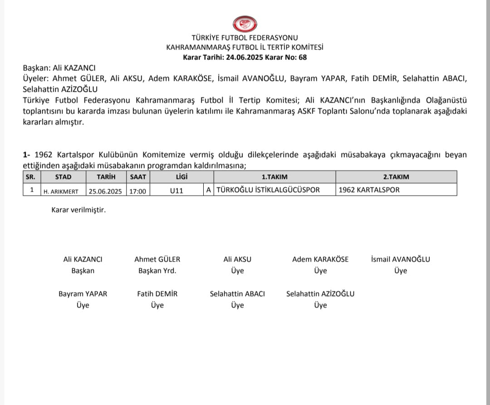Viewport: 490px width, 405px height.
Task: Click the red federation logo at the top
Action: [x=245, y=23]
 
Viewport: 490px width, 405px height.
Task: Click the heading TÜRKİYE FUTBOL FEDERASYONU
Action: [x=245, y=38]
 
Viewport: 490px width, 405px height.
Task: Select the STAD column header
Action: [x=63, y=177]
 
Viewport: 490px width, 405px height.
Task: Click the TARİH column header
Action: [x=106, y=177]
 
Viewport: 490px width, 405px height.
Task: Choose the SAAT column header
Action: [x=138, y=177]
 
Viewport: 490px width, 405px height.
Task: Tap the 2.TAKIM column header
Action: [x=396, y=177]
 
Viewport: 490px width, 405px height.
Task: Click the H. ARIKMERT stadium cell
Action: [x=63, y=191]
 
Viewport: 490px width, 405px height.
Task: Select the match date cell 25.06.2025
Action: [x=105, y=191]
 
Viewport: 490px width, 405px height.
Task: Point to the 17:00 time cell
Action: [x=138, y=191]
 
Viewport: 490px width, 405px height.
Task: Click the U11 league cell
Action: [x=176, y=191]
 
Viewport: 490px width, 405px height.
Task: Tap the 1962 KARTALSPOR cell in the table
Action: [x=369, y=190]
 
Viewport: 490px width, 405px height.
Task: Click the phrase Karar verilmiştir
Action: [x=78, y=210]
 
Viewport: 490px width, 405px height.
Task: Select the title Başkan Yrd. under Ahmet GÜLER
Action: [x=157, y=271]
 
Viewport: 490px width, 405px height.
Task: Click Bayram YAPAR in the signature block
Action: [x=83, y=294]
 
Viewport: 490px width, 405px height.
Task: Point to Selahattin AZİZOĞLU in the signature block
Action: [x=320, y=294]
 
